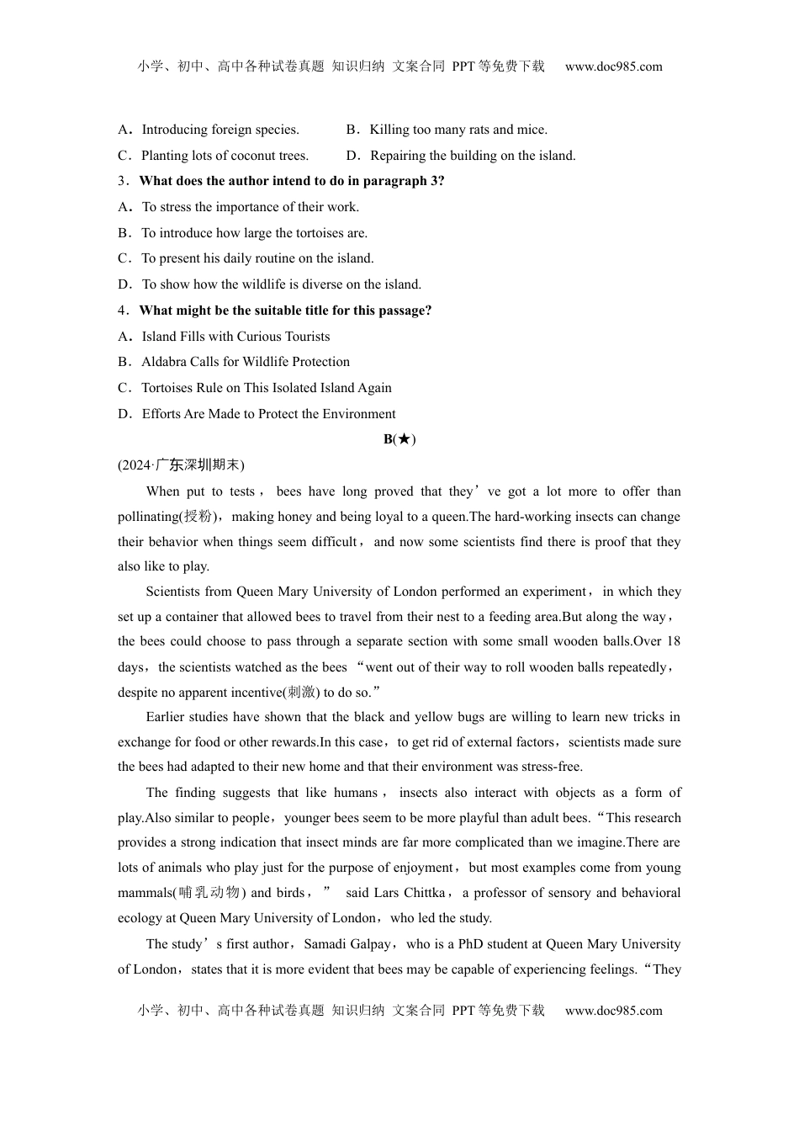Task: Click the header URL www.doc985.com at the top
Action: click(x=613, y=66)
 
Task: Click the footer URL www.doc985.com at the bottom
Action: click(x=613, y=1011)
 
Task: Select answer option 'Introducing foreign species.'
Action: click(x=220, y=130)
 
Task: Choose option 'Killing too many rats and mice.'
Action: click(x=458, y=130)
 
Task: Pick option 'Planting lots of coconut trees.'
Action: click(x=225, y=156)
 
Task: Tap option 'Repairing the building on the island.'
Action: click(x=473, y=156)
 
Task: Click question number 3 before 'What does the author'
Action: click(x=121, y=181)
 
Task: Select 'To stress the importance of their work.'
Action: click(x=250, y=207)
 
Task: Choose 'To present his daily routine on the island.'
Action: click(x=257, y=258)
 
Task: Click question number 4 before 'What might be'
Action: click(x=121, y=311)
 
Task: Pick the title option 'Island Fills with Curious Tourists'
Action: click(x=235, y=337)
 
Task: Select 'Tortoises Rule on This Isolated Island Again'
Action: click(x=267, y=388)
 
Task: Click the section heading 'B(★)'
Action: click(x=399, y=439)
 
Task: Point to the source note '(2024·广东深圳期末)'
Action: click(x=181, y=465)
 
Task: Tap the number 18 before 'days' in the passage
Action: click(x=673, y=641)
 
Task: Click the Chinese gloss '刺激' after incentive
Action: click(x=300, y=693)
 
